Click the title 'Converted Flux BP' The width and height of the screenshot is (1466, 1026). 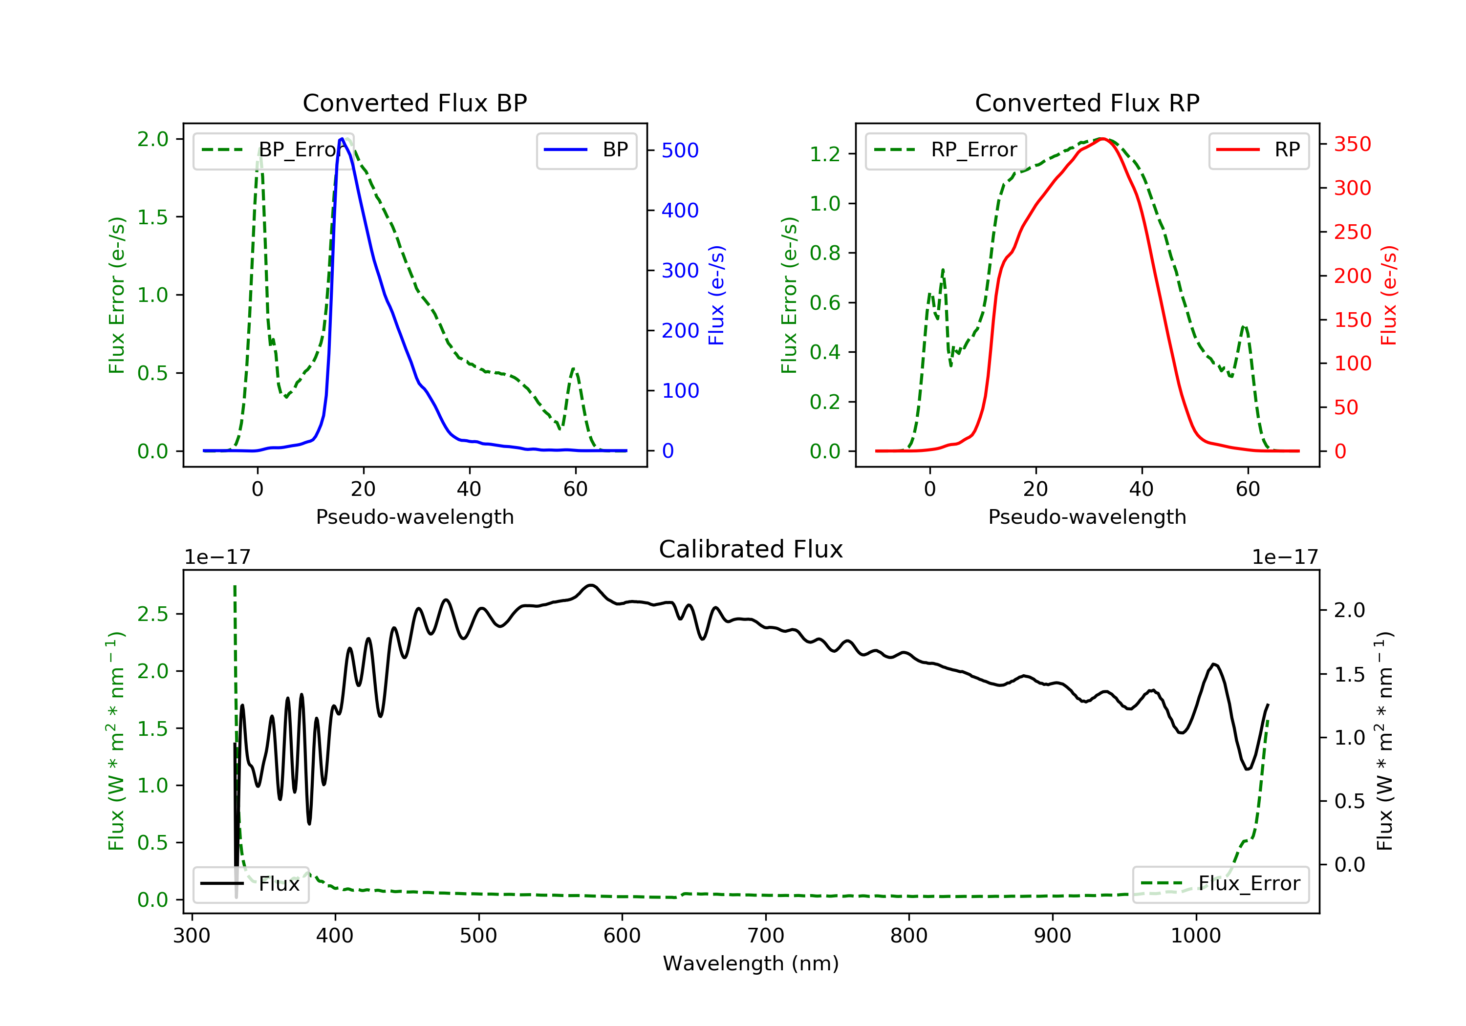click(x=414, y=103)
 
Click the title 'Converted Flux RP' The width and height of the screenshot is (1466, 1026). click(x=1087, y=103)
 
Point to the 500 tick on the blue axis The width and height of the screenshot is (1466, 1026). click(x=679, y=150)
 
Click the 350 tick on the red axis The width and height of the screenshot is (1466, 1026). click(x=1352, y=144)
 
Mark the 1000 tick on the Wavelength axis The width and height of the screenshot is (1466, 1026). click(x=1195, y=936)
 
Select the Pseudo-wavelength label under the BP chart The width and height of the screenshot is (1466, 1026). click(x=414, y=517)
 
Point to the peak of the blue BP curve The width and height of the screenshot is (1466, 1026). click(x=342, y=139)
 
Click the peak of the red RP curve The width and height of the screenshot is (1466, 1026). click(x=1101, y=139)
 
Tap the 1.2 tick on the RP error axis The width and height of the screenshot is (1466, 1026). click(x=824, y=154)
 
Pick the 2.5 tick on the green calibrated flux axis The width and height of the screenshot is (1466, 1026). click(x=152, y=614)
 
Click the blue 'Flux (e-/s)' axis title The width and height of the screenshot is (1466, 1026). click(x=716, y=295)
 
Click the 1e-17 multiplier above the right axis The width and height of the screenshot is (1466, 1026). click(x=1285, y=557)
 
